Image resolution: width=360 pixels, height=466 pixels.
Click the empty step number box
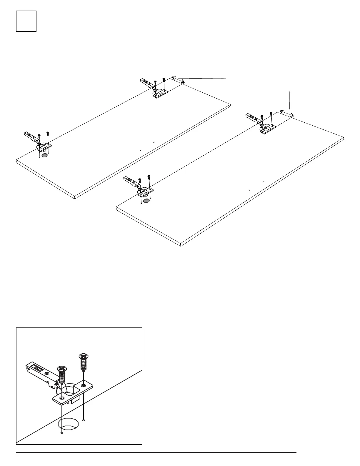click(x=26, y=21)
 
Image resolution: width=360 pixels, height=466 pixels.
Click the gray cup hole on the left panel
click(x=44, y=155)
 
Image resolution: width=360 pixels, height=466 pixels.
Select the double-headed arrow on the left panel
click(x=178, y=80)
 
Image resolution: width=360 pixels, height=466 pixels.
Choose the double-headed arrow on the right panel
click(x=286, y=113)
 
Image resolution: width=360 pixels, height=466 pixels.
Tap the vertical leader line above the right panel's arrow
click(x=290, y=100)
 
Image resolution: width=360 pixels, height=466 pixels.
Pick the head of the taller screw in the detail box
click(x=83, y=357)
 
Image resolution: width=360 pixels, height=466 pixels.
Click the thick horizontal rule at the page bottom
click(x=156, y=453)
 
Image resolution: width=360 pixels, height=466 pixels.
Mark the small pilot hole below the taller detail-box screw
click(x=84, y=420)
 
